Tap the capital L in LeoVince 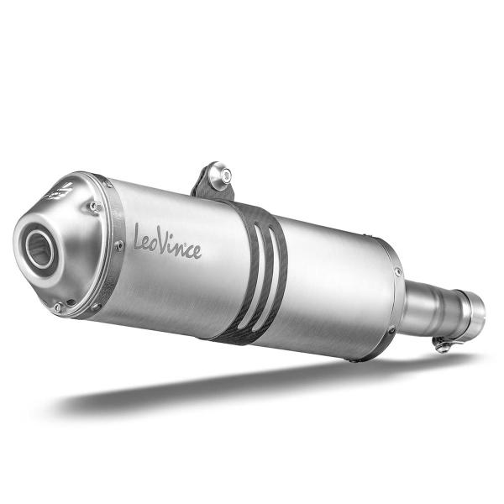tap(139, 237)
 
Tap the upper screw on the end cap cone tap(94, 206)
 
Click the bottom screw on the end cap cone tap(59, 307)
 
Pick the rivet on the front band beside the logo tap(119, 246)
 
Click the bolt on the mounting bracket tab tap(220, 176)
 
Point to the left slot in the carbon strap tap(255, 277)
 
